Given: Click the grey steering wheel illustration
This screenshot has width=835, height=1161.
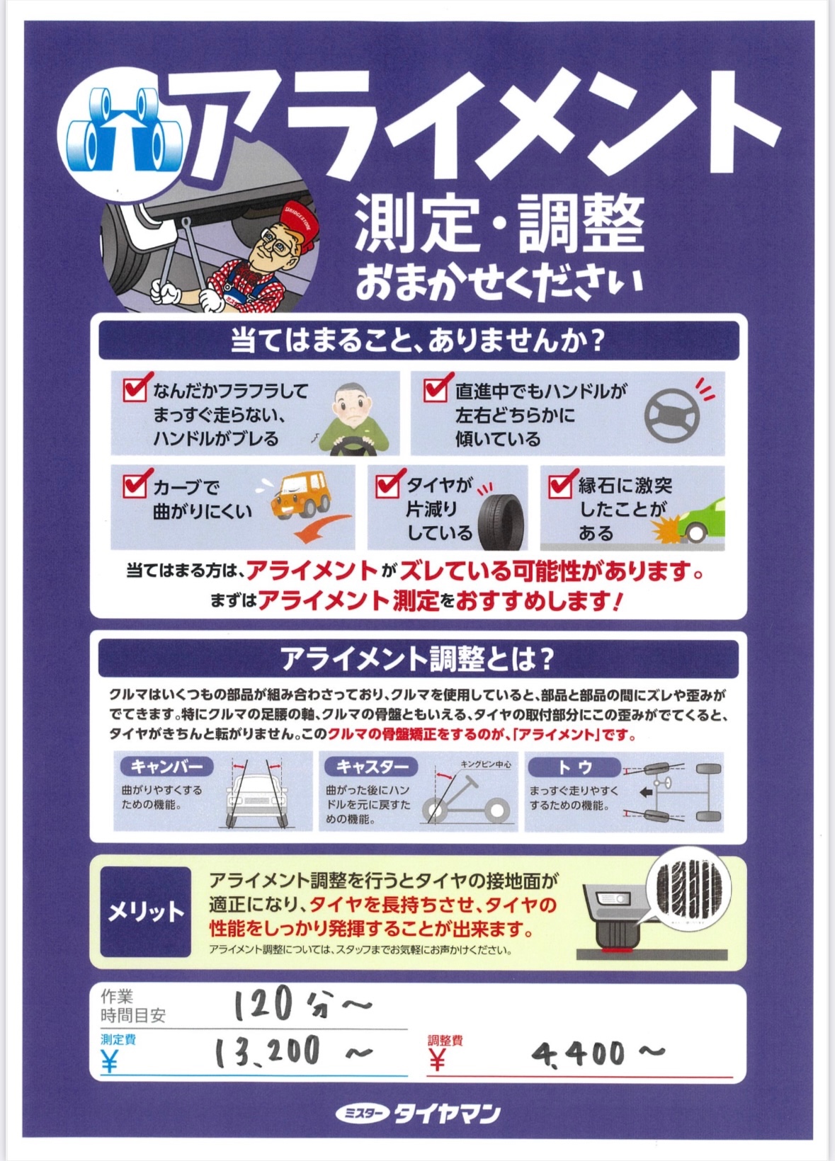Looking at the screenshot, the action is point(671,415).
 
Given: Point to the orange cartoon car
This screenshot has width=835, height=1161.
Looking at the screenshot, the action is point(301,496).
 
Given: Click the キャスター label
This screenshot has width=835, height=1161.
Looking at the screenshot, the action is point(371,767).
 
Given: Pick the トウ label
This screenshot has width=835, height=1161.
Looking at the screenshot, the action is point(574,767).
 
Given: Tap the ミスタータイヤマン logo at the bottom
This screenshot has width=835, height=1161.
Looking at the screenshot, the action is point(418,1114).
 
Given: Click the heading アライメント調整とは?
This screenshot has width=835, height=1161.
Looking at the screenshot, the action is point(418,659).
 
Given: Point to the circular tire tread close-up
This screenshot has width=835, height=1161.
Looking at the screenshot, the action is point(691,887).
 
